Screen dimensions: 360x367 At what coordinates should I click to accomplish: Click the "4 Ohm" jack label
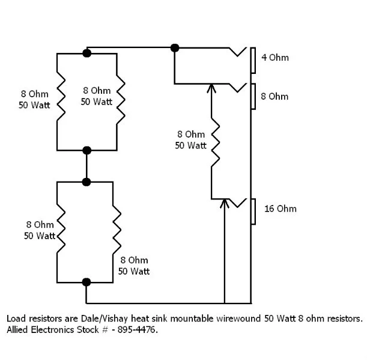point(274,58)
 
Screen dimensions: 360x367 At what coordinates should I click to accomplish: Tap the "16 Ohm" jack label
point(280,209)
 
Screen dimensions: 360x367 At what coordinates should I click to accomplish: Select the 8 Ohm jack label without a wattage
point(274,96)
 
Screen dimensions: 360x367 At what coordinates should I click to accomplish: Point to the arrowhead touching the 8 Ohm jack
point(211,88)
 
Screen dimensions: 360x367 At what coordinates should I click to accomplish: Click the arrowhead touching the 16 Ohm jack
point(225,203)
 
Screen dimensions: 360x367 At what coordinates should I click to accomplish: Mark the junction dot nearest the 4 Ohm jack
point(175,47)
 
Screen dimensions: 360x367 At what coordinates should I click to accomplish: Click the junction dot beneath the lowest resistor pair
point(86,281)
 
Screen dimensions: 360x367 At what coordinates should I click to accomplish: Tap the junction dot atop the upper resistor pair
point(87,53)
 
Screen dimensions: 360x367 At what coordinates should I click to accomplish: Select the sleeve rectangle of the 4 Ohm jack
point(254,59)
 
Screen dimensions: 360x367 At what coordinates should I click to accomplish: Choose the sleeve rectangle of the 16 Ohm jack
point(254,210)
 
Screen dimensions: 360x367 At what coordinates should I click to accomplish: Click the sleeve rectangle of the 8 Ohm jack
point(254,96)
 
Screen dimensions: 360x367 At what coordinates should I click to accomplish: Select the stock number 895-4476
point(137,330)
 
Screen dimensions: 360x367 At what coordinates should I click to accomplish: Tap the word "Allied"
point(18,330)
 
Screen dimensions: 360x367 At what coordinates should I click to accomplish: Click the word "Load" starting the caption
point(16,318)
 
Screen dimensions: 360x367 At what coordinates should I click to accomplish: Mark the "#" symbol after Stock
point(104,330)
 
